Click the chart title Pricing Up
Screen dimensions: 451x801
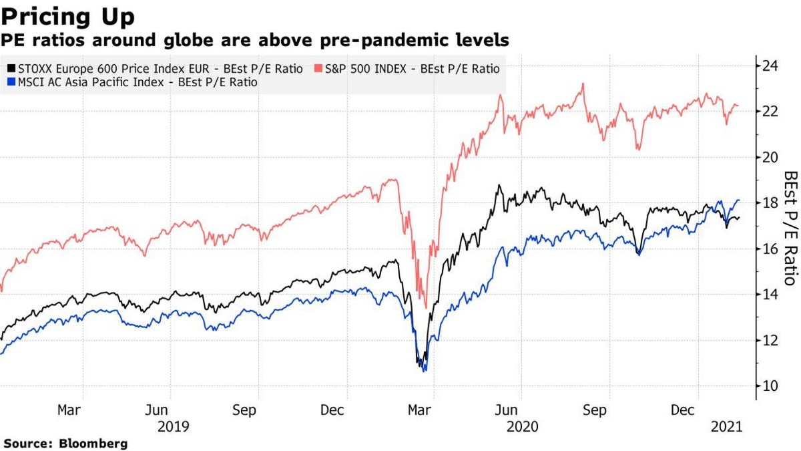pos(69,16)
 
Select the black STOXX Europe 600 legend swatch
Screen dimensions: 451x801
pos(10,69)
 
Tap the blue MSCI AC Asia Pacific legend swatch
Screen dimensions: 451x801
pos(10,83)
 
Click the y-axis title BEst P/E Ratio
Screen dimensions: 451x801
pos(790,228)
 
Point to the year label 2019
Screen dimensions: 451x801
pos(174,426)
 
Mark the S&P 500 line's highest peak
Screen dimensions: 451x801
pos(583,84)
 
